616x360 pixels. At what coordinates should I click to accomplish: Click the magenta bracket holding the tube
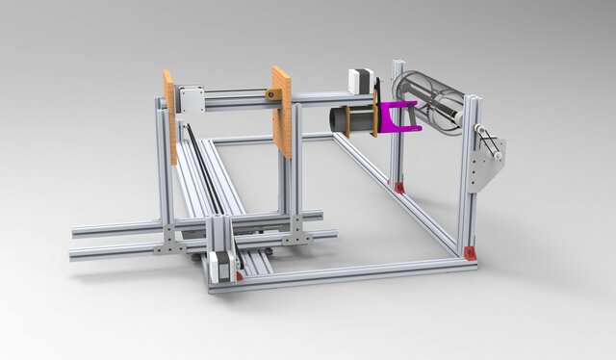click(397, 116)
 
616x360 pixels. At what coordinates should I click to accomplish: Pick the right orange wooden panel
click(282, 110)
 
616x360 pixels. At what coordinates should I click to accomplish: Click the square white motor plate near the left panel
click(190, 100)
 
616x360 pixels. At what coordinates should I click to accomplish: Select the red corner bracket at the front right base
click(470, 253)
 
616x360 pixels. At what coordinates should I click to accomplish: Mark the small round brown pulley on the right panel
click(273, 94)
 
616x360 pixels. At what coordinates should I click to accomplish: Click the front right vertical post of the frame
click(469, 193)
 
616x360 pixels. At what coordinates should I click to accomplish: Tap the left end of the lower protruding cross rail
click(77, 254)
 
